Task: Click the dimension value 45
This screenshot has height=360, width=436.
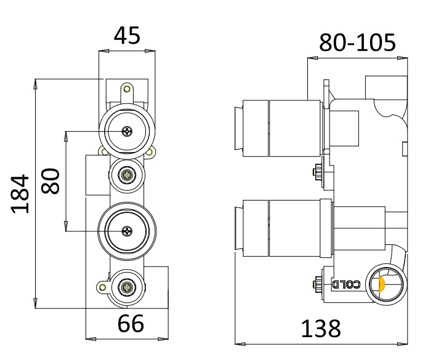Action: tap(127, 36)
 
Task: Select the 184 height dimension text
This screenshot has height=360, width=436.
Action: tap(21, 193)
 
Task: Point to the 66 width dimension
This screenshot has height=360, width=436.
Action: tap(130, 323)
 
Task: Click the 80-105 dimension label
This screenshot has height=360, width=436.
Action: tap(357, 43)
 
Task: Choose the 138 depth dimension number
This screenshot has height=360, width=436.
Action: tap(320, 328)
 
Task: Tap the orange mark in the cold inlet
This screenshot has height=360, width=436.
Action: tap(381, 284)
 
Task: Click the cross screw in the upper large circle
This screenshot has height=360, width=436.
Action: tap(127, 130)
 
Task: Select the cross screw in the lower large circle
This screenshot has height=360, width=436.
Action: tap(127, 231)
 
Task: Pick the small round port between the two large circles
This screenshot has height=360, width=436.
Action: tap(127, 175)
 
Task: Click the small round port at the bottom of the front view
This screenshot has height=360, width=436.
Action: tap(127, 286)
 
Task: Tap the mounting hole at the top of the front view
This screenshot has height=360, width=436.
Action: tap(127, 89)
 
